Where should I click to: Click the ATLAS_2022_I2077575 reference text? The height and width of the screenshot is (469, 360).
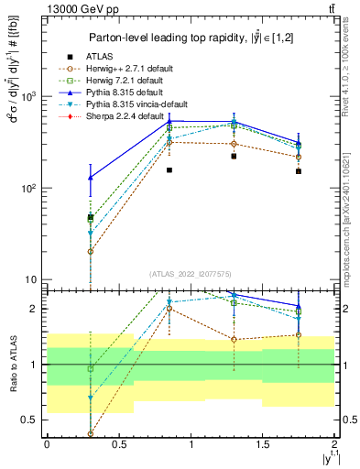tap(190, 274)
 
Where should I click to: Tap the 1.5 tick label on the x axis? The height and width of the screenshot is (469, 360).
tap(265, 444)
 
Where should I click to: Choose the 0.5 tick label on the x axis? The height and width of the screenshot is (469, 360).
tap(119, 444)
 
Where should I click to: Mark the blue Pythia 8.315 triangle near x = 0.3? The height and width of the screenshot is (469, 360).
tap(91, 178)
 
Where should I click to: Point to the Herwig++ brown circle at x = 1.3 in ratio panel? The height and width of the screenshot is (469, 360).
tap(235, 340)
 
